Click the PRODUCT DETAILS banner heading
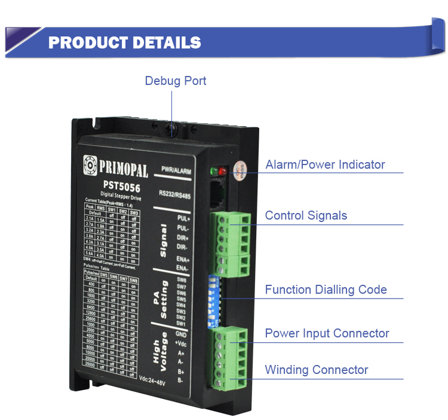(124, 42)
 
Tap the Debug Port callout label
(175, 81)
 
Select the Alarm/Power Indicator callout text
(325, 165)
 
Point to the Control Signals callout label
(306, 215)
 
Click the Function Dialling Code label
(326, 290)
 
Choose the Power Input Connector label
(327, 333)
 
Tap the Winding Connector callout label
(317, 370)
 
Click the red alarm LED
(223, 172)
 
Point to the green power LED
(214, 172)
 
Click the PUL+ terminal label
(183, 219)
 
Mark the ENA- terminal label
(183, 269)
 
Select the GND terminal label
(182, 334)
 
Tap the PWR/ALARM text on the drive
(176, 171)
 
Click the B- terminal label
(180, 380)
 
